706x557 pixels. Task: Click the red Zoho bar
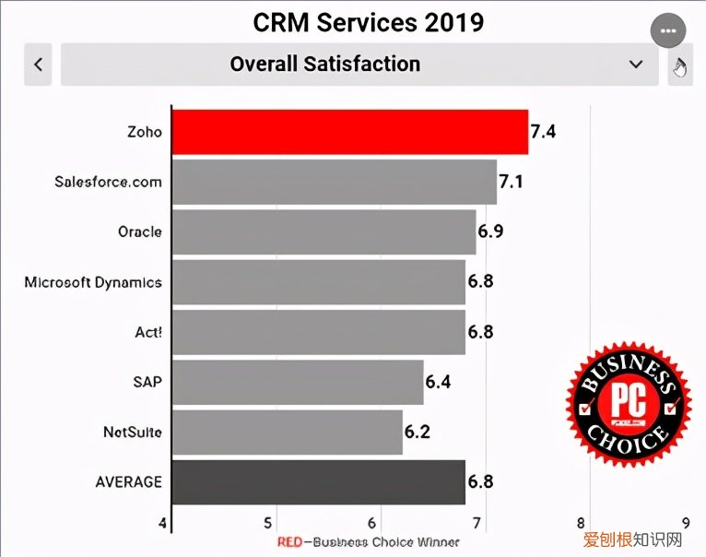click(x=350, y=132)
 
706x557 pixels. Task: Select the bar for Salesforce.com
click(x=335, y=182)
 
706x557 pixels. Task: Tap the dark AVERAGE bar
click(x=319, y=481)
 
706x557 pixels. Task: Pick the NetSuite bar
click(x=288, y=432)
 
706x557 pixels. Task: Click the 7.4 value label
click(x=543, y=132)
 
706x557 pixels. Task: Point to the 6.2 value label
click(x=418, y=432)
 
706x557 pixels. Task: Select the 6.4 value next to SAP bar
click(x=439, y=382)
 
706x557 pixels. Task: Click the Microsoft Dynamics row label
click(x=93, y=282)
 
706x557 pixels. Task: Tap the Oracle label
click(x=139, y=231)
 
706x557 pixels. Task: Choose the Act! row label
click(x=147, y=332)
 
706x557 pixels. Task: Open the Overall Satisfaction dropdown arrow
click(x=635, y=65)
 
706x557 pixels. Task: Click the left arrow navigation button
click(x=38, y=65)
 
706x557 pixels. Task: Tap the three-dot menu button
click(x=668, y=30)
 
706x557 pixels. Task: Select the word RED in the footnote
click(x=290, y=542)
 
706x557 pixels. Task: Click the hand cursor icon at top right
click(x=680, y=66)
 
